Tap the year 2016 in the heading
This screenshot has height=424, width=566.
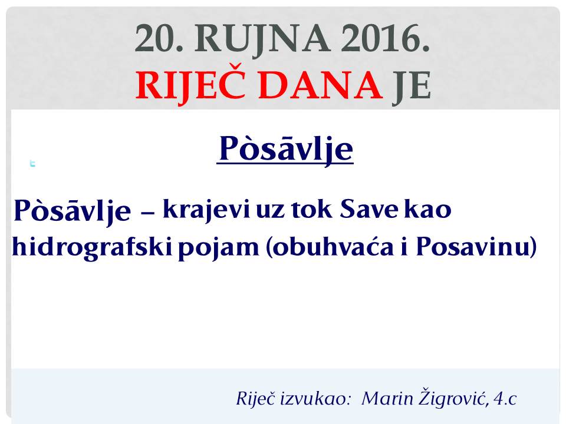(385, 38)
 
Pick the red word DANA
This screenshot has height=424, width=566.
(321, 85)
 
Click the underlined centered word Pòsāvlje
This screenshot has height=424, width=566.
(285, 149)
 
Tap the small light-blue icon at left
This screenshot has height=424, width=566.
(32, 163)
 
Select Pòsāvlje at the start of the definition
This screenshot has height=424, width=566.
(72, 211)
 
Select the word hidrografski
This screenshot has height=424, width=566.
(92, 248)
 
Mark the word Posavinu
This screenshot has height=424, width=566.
(472, 247)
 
